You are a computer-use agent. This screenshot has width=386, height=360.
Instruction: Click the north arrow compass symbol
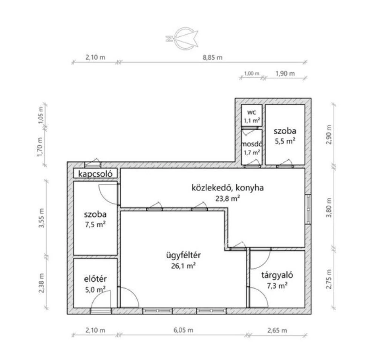click(182, 38)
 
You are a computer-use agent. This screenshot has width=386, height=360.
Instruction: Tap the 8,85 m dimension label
click(213, 58)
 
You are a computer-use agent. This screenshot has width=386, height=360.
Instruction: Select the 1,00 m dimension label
click(251, 73)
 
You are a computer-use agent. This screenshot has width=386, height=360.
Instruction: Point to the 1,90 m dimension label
click(285, 73)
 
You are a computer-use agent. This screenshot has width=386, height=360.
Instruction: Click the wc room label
click(251, 112)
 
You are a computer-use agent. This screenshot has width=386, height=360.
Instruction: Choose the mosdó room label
click(252, 144)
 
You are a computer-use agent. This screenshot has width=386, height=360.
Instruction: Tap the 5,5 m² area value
click(285, 141)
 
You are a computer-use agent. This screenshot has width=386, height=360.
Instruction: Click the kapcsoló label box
click(95, 174)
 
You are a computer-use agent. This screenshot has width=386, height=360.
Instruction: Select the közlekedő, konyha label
click(228, 188)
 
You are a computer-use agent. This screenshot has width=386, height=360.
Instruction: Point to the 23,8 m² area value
click(228, 198)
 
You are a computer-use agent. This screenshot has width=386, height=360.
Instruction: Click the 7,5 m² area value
click(95, 224)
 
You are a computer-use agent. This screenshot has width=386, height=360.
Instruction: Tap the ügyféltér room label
click(184, 255)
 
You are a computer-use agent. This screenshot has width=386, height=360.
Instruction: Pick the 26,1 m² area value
click(184, 266)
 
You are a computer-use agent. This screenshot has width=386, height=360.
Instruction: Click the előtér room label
click(95, 279)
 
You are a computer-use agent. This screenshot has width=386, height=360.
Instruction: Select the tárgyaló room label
click(277, 275)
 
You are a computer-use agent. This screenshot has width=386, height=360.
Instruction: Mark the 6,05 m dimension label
click(184, 330)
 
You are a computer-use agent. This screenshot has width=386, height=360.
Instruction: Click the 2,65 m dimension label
click(277, 330)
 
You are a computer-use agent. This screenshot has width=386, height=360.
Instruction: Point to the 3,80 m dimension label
click(329, 208)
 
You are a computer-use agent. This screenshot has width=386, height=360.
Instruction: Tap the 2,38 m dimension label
click(41, 283)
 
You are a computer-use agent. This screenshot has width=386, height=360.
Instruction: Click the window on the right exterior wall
click(308, 209)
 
